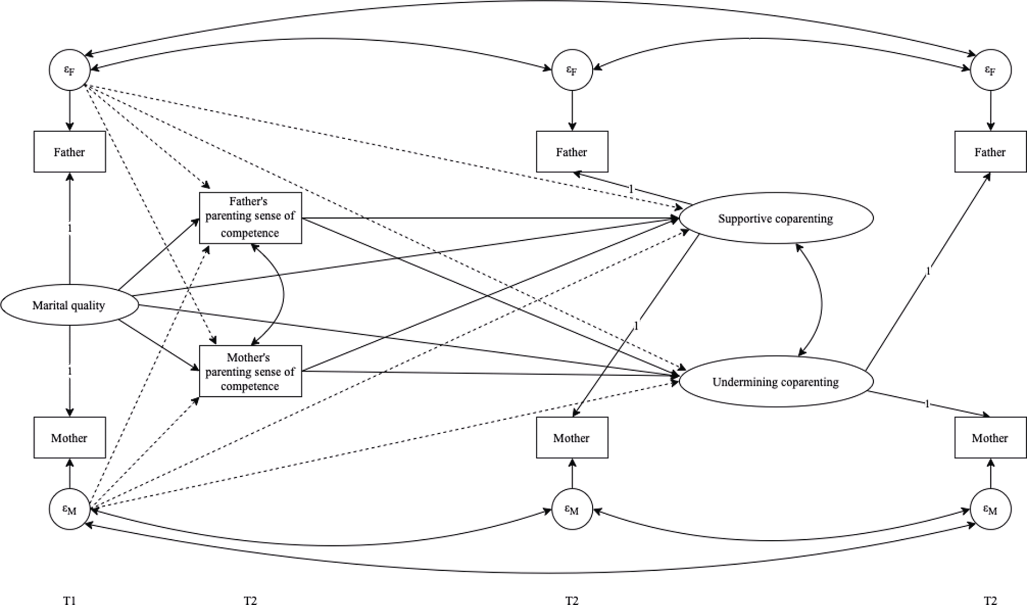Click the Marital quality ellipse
click(69, 305)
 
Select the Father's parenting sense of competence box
click(250, 217)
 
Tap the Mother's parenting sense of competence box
click(250, 371)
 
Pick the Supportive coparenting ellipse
click(775, 219)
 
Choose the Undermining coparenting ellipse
click(775, 382)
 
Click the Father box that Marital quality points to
click(70, 152)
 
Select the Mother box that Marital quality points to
click(70, 438)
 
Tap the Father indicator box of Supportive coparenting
click(572, 152)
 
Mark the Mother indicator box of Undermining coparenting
click(990, 438)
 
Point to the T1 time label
click(70, 600)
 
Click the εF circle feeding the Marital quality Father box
click(70, 70)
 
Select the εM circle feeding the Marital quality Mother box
click(70, 509)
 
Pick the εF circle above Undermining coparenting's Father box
click(990, 70)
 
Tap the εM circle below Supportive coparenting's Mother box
click(572, 509)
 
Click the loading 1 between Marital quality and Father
click(70, 229)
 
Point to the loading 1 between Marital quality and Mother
click(70, 371)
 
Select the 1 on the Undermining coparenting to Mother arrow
click(927, 404)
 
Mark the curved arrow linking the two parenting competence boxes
click(283, 294)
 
